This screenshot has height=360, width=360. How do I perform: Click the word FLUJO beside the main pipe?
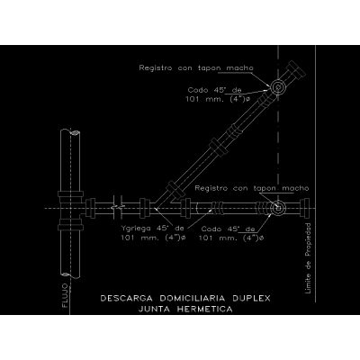pos(65,297)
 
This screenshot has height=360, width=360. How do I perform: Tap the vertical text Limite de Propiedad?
pos(308,258)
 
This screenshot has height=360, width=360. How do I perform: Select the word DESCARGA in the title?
pos(127,299)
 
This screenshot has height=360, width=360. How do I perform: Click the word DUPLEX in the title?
pos(251,299)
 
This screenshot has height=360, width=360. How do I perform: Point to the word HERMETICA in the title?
pos(204,309)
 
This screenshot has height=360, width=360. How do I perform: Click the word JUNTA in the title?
pos(155,309)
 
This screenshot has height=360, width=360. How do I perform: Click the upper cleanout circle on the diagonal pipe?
pos(276,87)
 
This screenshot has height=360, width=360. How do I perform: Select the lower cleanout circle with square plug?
pos(278,208)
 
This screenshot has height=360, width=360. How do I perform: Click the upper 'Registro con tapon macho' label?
pos(196,68)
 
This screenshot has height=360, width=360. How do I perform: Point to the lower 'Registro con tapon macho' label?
pos(252,188)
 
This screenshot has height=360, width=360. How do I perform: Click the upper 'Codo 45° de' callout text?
pos(214,90)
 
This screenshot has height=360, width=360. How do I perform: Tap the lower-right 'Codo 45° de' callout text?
pos(228,229)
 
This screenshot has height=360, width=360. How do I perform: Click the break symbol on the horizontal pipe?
pos(117,207)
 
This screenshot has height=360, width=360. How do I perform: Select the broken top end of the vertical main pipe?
pos(70,132)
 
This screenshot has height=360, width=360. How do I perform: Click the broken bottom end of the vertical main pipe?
pos(70,274)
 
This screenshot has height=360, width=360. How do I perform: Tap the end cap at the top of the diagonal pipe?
pos(296,68)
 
